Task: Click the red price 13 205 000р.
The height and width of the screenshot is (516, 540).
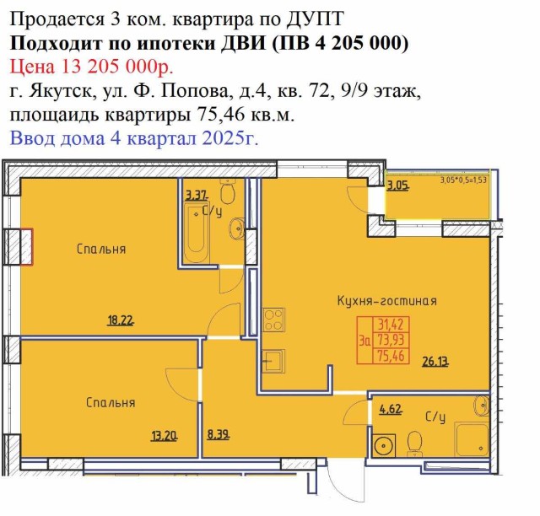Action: click(x=117, y=67)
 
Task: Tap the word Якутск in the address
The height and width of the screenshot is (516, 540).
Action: click(x=59, y=92)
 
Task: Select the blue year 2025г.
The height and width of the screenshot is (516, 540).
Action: click(x=230, y=138)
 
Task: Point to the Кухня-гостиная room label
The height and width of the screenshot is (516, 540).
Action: click(x=386, y=301)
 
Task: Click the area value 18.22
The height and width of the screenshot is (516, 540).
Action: click(x=121, y=321)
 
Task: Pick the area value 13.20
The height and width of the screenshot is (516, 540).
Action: click(x=165, y=437)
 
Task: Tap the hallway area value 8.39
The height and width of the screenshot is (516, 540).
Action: click(x=219, y=435)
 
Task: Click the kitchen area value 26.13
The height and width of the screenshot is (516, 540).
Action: click(x=435, y=362)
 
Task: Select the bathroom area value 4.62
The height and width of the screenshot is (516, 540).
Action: click(x=391, y=409)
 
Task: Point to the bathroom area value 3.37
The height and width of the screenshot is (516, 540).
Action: click(x=197, y=196)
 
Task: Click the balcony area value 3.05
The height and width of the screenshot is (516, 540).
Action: click(x=397, y=186)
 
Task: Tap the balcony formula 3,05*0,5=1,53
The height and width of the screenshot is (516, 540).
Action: click(x=463, y=180)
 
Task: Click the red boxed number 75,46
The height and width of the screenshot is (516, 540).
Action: click(x=391, y=356)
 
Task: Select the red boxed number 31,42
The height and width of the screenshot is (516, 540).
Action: click(x=391, y=325)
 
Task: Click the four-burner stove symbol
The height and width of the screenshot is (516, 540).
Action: click(x=273, y=320)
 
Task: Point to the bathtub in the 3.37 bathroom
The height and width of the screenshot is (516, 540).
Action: click(x=197, y=234)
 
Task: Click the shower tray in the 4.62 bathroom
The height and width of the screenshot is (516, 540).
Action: click(x=472, y=439)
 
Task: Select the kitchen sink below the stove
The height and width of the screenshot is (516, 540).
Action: click(x=273, y=361)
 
